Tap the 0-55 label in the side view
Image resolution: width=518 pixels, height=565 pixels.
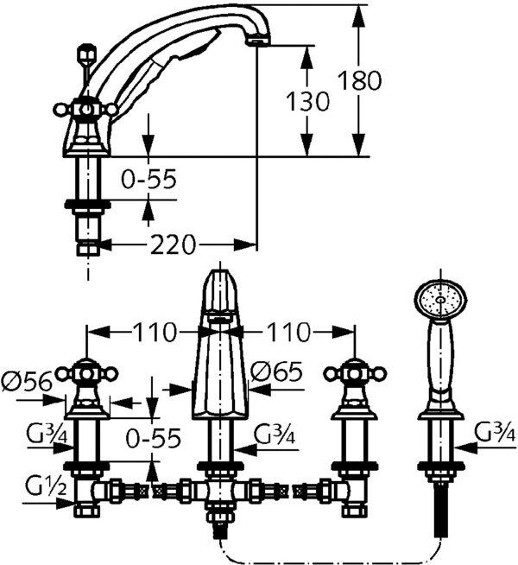pos(149,179)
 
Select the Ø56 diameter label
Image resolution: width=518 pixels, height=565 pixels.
pos(25,380)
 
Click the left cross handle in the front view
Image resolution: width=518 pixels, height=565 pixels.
pos(86,373)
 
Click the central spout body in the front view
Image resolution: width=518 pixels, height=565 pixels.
pos(218,363)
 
